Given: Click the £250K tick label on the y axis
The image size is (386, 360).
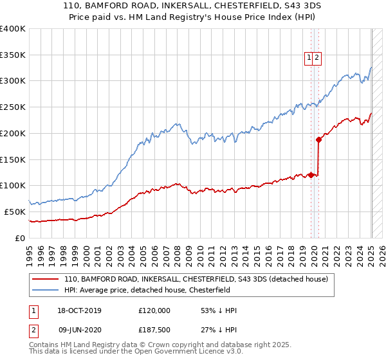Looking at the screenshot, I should click(13, 107).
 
